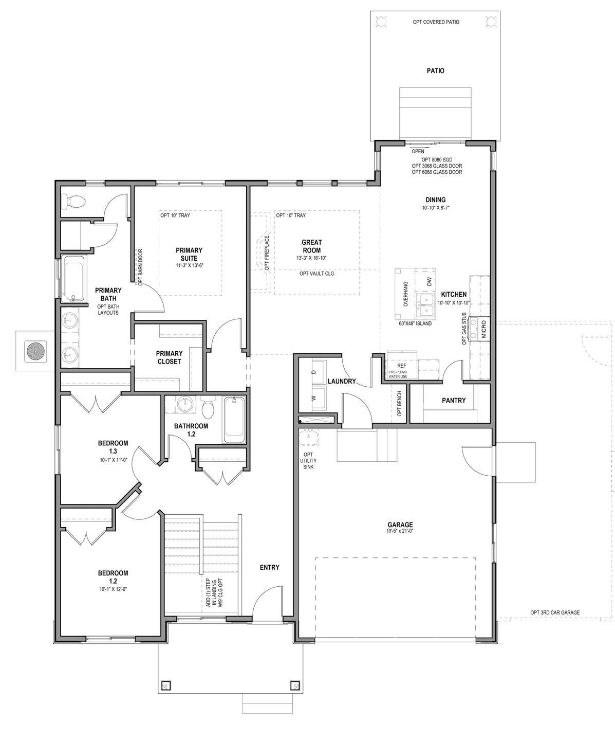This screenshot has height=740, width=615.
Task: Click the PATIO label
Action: coord(435,71)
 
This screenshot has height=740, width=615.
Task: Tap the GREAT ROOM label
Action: coord(311,246)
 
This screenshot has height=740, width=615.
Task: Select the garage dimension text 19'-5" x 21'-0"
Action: coord(400,531)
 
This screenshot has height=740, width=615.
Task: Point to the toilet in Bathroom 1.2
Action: coord(209,407)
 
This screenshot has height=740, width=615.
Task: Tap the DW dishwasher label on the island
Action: coord(429,281)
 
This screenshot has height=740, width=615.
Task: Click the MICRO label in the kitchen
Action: coord(483,330)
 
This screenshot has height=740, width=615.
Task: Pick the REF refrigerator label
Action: coord(402,366)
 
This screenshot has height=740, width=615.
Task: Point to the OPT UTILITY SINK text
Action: coord(308,460)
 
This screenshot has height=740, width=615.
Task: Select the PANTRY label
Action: coord(454,401)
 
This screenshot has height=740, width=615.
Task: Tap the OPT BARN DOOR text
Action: coord(140,267)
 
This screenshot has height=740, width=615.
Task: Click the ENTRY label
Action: coord(269,567)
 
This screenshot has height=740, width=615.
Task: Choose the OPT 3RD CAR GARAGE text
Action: coord(555,612)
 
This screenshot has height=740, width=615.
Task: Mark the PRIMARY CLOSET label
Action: coord(169,357)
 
